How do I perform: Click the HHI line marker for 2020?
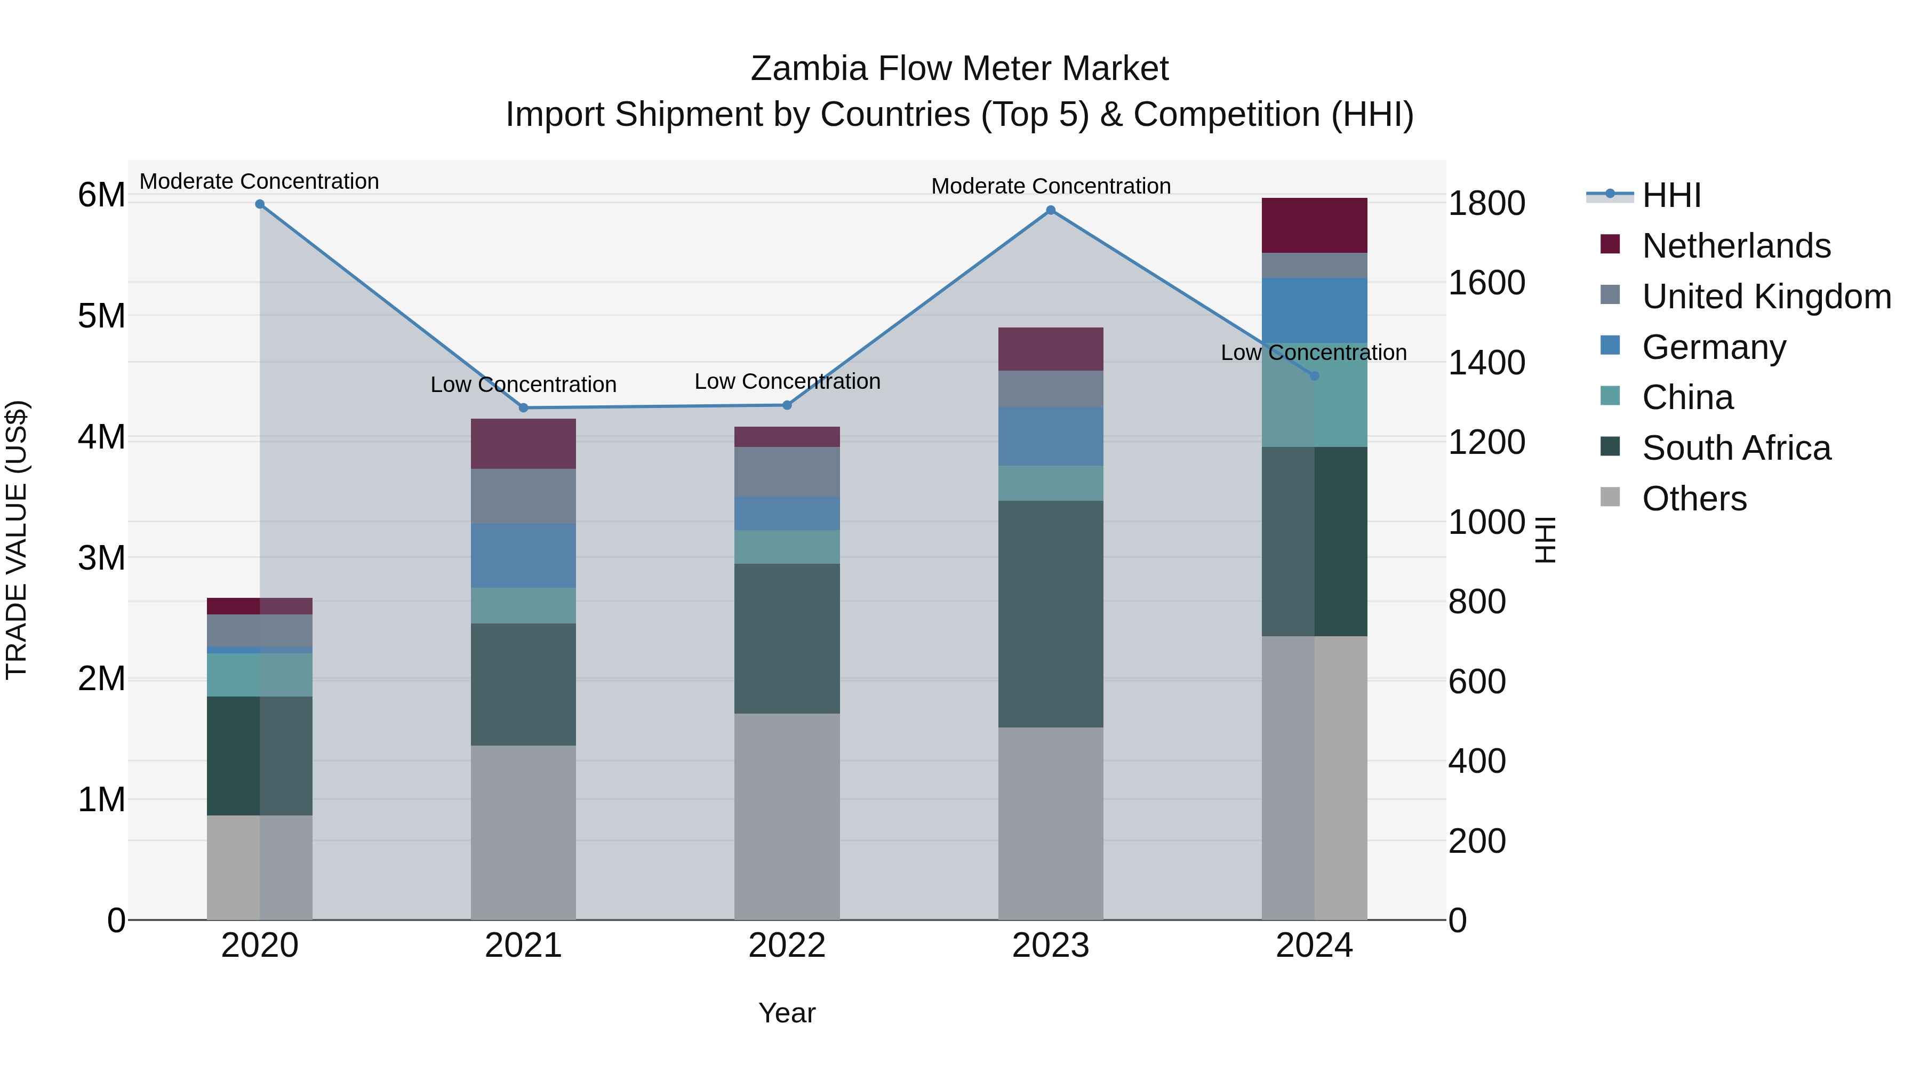coord(259,204)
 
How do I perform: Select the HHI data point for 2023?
coord(1050,210)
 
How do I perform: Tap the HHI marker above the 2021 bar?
coord(523,407)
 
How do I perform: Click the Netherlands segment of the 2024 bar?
coord(1314,225)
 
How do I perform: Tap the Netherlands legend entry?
coord(1736,246)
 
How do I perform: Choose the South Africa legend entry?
coord(1736,448)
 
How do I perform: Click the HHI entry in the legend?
coord(1671,195)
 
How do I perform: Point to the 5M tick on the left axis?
coord(101,316)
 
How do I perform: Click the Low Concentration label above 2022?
coord(787,382)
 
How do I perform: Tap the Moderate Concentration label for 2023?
coord(1051,186)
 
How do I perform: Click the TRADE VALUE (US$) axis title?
coord(17,540)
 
